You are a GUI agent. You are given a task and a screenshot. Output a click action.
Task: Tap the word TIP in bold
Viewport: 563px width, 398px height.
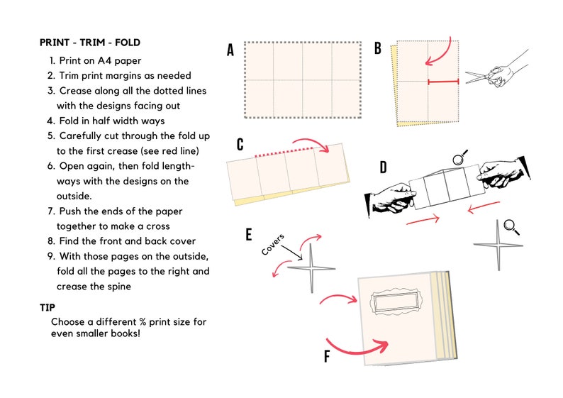[x=48, y=307]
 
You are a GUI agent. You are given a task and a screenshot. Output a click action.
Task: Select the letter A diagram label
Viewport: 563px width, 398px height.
[x=230, y=50]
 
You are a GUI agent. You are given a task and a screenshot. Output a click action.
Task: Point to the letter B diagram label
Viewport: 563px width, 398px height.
[x=378, y=48]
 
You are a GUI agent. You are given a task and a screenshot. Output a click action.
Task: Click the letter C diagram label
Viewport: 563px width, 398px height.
[x=240, y=145]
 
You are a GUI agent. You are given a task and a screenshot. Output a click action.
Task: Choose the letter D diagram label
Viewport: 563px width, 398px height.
[x=383, y=168]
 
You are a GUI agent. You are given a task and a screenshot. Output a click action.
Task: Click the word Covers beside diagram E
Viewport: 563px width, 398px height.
[x=274, y=244]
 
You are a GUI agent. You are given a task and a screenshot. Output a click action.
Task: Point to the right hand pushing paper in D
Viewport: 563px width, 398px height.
[x=502, y=175]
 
